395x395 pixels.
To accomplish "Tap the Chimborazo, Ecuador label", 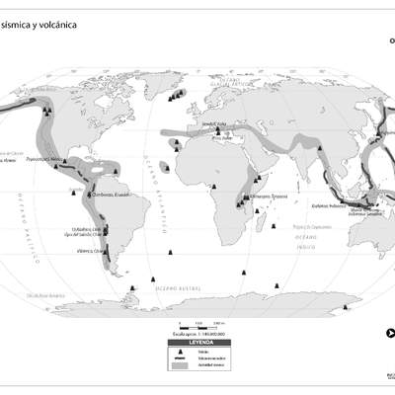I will click(x=112, y=196).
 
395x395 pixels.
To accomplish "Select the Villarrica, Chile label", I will click(x=90, y=251).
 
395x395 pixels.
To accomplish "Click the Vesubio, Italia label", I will click(x=214, y=124).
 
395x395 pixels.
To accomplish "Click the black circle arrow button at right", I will click(x=389, y=331).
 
